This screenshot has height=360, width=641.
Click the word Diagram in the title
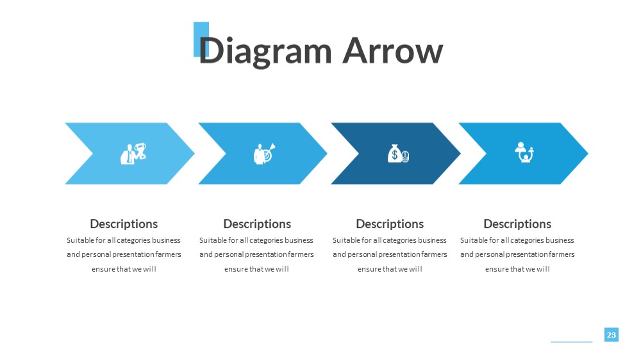point(265,52)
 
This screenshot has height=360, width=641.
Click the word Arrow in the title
point(393,51)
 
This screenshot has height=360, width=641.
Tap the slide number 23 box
point(611,334)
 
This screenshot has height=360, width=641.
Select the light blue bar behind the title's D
point(201,39)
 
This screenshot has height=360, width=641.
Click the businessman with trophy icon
point(133,154)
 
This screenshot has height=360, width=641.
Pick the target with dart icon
point(265,154)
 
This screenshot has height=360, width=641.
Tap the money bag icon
point(398,154)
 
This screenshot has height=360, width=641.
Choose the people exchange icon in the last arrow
point(524,152)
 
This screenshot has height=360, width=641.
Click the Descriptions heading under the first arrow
point(124,224)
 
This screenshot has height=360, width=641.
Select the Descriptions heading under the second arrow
point(257,224)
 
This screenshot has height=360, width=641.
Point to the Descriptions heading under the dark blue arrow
point(390,224)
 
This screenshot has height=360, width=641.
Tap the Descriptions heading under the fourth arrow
point(517,224)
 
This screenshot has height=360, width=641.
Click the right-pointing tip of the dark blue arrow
point(460,154)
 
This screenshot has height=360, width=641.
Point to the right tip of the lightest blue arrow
point(194,154)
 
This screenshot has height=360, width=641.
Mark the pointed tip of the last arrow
point(588,154)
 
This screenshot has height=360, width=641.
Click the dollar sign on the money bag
point(394,154)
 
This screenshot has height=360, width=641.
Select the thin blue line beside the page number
point(572,341)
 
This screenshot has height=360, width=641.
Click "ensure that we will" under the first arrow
point(124,269)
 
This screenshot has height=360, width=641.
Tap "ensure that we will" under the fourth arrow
point(517,269)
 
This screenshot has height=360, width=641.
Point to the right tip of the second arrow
point(327,154)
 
